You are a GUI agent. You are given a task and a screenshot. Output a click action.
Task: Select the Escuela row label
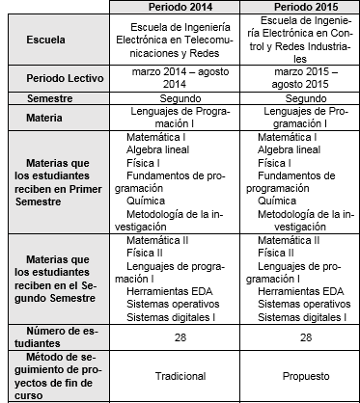(53, 43)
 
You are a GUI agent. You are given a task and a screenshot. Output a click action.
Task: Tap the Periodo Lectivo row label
(60, 76)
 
